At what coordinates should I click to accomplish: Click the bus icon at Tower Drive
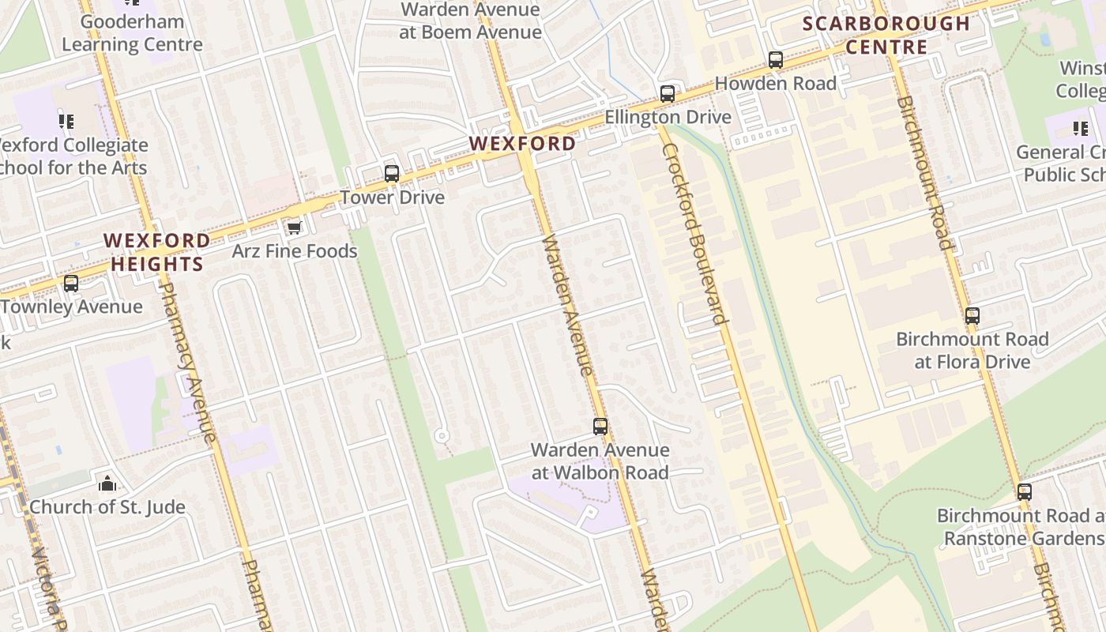point(392,174)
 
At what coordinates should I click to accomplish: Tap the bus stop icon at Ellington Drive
point(668,94)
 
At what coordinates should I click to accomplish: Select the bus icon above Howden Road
point(776,60)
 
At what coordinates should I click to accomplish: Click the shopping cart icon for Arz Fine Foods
point(294,228)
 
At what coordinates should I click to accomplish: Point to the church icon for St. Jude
point(107,483)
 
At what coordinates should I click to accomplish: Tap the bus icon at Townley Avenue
point(71,284)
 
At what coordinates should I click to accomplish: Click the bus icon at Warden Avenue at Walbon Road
point(600,427)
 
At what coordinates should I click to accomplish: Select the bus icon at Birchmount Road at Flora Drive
point(972,316)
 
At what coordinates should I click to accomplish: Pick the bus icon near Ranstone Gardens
point(1025,492)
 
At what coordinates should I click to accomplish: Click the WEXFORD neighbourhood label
point(522,144)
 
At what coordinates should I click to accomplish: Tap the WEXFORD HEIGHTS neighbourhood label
point(157,252)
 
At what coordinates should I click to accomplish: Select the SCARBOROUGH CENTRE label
point(886,36)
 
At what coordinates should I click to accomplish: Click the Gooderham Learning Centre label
point(132,33)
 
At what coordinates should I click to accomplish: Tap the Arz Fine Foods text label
point(294,251)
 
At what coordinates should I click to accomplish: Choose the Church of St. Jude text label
point(107,507)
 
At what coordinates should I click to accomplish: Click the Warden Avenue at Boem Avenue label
point(470,21)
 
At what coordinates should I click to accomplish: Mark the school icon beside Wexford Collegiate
point(66,122)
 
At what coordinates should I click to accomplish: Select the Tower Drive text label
point(392,197)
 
